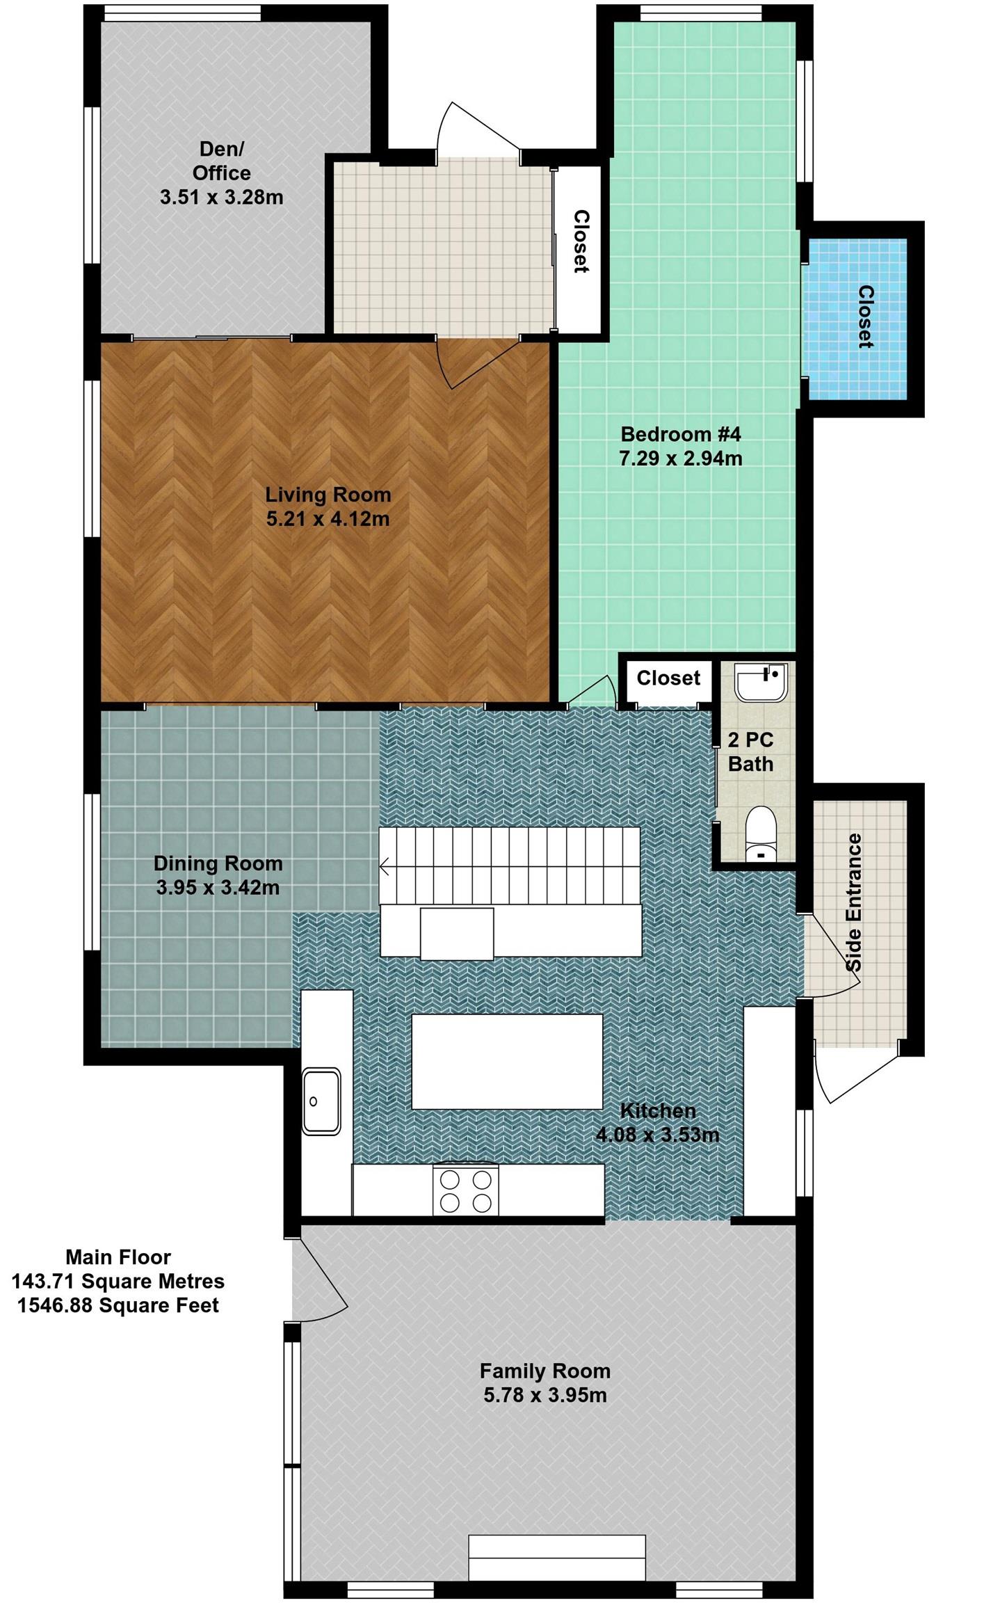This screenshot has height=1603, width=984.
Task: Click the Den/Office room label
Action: pos(222,161)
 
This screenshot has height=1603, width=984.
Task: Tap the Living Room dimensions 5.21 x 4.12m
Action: pos(328,519)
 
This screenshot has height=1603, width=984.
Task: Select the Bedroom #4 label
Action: pos(681,434)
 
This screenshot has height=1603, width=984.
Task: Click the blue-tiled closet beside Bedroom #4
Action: pos(856,319)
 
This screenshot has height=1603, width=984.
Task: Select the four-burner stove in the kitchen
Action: pos(465,1190)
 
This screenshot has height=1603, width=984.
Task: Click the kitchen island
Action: pos(507,1062)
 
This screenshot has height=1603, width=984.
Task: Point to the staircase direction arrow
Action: pos(385,867)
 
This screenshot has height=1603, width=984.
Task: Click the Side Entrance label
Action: pos(854,902)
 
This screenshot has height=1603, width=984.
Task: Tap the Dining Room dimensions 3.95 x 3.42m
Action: pos(218,888)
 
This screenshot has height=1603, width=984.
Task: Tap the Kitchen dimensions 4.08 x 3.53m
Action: pos(657,1135)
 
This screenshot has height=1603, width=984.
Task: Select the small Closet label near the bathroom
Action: pos(668,678)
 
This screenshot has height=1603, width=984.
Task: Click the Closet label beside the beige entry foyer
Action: pos(581,241)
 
